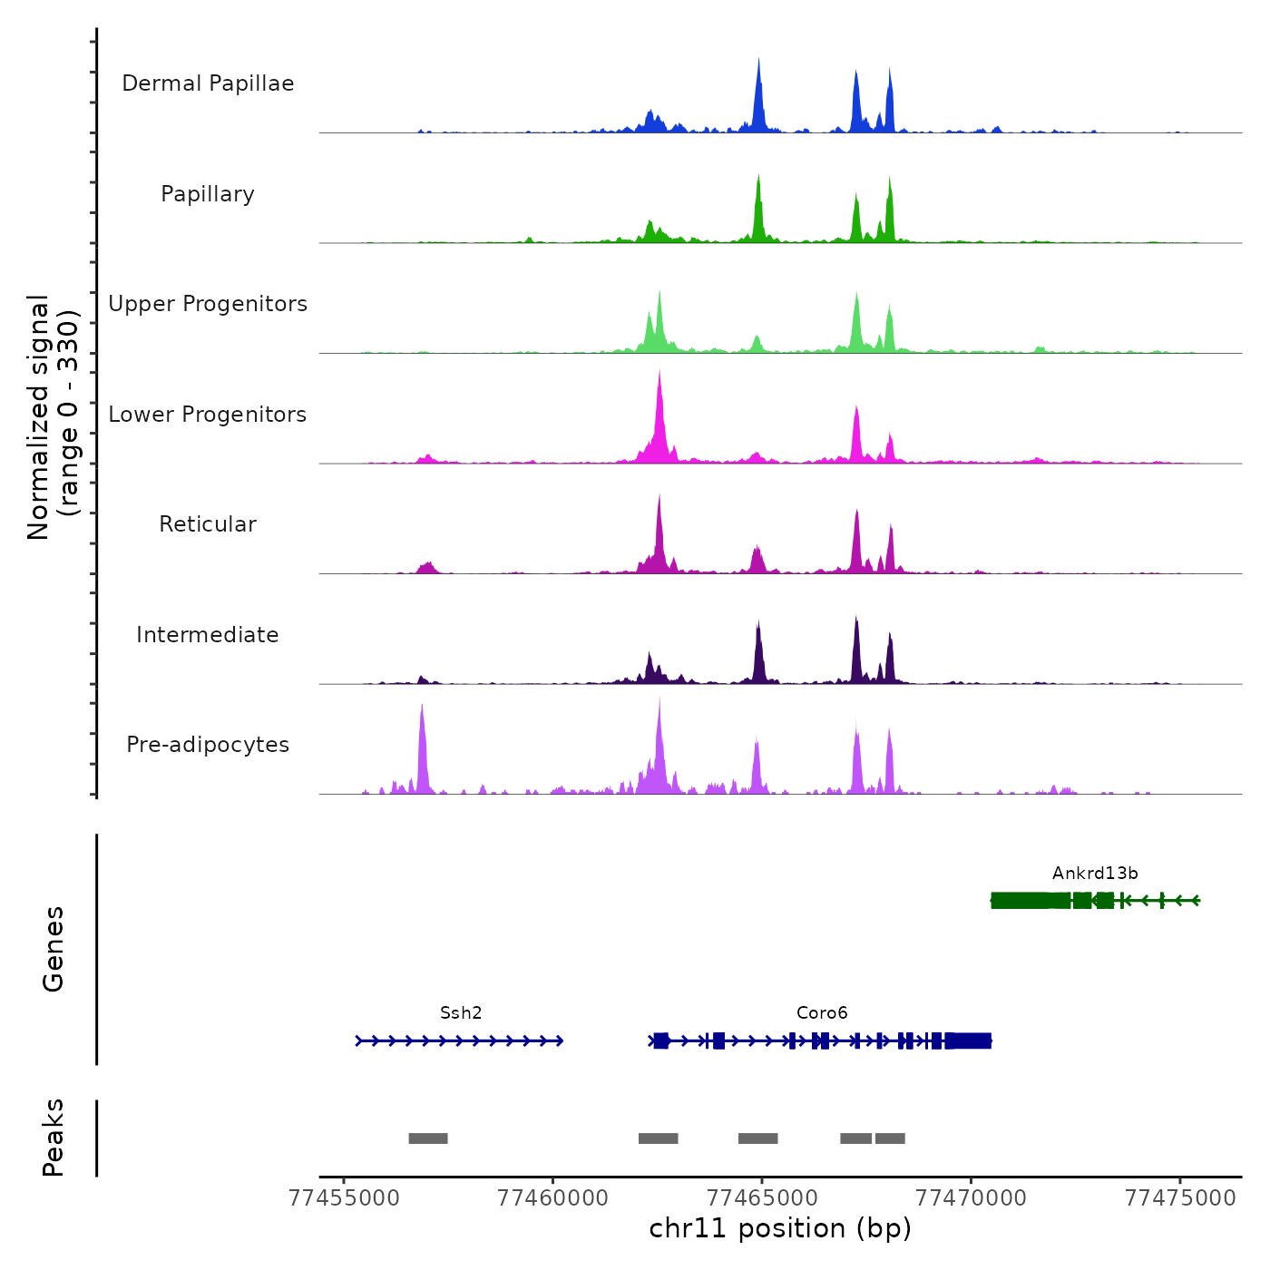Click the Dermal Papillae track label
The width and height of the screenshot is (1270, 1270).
tap(208, 83)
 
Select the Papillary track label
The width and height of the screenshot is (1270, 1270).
tap(208, 194)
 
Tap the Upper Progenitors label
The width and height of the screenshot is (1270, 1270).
tap(208, 304)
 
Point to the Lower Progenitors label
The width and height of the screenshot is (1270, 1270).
tap(208, 415)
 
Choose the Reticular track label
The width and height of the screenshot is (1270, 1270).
tap(208, 524)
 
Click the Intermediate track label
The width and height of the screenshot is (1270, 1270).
tap(208, 635)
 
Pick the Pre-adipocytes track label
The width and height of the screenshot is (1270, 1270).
tap(208, 745)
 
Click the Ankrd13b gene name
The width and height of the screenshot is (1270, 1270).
tap(1095, 874)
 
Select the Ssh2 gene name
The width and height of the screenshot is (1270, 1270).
tap(461, 1013)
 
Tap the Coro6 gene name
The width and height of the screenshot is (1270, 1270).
tap(822, 1013)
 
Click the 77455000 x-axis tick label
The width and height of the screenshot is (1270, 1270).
tap(344, 1198)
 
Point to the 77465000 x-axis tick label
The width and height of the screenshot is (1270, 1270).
tap(762, 1198)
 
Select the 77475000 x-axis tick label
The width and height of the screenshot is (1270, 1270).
tap(1180, 1198)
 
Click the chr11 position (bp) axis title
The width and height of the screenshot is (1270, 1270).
tap(780, 1228)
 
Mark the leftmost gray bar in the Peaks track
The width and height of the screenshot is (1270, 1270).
tap(428, 1138)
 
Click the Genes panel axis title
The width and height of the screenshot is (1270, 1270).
tap(54, 949)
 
